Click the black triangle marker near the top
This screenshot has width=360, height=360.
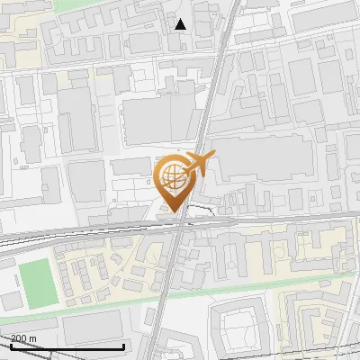(180, 24)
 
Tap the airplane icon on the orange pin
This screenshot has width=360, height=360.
(200, 164)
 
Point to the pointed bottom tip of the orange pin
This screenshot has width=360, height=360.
(175, 212)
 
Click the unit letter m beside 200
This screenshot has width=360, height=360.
(33, 339)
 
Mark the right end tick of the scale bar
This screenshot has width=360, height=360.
(123, 346)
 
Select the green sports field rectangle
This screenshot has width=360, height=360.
(36, 281)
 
